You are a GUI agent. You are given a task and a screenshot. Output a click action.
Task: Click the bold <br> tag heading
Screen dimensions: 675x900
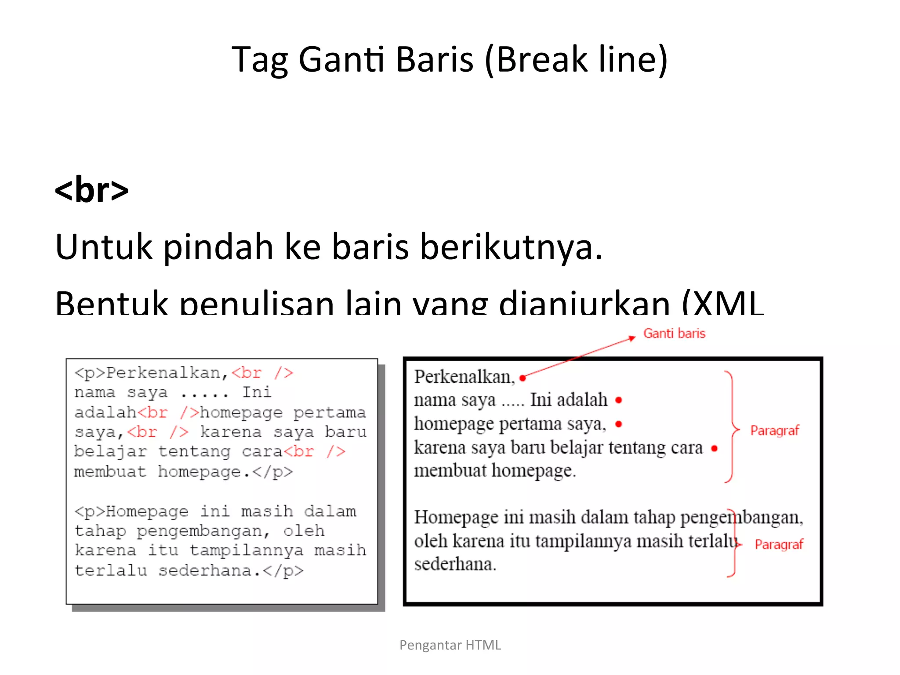[x=91, y=190]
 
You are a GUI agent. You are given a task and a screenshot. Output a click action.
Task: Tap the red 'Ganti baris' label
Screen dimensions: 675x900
[x=674, y=334]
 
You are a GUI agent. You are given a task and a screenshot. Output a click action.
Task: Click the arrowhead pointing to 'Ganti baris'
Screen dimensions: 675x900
[x=632, y=338]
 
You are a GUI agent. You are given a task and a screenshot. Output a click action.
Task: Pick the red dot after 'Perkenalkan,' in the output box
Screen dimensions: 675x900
[x=523, y=378]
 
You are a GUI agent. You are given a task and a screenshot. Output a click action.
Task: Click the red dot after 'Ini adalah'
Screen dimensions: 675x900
[x=619, y=400]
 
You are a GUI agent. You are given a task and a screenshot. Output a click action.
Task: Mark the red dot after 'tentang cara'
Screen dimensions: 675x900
[x=714, y=449]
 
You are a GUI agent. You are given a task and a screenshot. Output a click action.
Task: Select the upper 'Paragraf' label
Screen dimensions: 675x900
[x=774, y=431]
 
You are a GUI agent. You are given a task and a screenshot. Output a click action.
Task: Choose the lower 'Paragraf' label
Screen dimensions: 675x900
[x=779, y=544]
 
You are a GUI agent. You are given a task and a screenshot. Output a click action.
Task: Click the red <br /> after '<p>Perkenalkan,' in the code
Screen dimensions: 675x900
[x=262, y=373]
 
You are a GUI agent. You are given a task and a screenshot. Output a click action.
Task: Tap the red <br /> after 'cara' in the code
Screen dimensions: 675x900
[x=314, y=452]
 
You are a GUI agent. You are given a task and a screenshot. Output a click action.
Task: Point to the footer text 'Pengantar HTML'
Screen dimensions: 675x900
[x=450, y=645]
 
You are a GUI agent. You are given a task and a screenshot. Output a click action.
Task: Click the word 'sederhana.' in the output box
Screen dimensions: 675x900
[x=455, y=564]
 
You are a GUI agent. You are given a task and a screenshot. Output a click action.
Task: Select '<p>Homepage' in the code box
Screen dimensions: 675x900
[x=131, y=512]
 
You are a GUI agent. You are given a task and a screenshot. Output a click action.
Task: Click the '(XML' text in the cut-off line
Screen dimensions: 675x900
[x=723, y=303]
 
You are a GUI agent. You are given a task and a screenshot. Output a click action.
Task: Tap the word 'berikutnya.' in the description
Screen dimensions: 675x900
[x=511, y=247]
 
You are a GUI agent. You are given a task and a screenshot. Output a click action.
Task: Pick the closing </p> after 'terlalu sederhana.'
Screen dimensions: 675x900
[x=283, y=571]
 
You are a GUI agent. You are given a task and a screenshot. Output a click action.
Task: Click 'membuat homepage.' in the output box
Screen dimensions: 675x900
[x=495, y=471]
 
